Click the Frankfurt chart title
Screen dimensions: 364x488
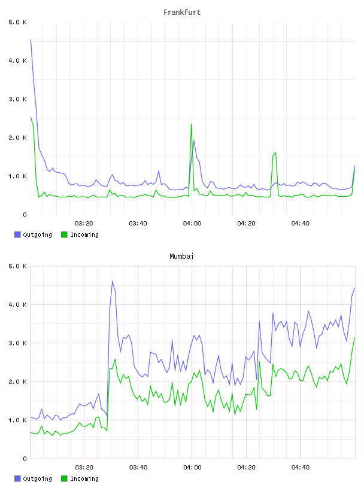click(182, 13)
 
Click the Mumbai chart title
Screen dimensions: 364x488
click(181, 257)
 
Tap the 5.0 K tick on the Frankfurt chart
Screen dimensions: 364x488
click(18, 22)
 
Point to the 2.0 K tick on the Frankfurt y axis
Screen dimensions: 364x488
click(18, 138)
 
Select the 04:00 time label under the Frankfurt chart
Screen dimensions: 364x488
click(192, 224)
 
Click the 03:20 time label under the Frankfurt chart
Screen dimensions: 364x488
click(84, 224)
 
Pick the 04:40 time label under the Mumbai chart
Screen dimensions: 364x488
click(301, 468)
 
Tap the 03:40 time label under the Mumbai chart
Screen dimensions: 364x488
click(138, 468)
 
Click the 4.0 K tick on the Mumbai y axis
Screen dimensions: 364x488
click(18, 304)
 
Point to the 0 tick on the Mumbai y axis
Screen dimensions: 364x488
click(25, 459)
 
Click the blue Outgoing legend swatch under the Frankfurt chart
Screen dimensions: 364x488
click(17, 234)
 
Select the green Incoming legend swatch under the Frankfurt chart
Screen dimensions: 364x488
click(64, 234)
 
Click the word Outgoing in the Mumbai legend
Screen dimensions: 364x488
click(37, 478)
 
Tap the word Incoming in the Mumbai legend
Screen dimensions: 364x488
click(84, 478)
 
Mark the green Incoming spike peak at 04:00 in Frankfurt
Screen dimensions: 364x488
click(191, 124)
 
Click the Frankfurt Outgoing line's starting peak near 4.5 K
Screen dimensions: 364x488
click(31, 39)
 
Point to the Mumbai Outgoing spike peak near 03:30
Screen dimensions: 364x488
click(112, 281)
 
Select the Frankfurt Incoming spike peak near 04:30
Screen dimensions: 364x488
click(275, 152)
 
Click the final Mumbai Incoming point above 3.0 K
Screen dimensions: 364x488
click(354, 338)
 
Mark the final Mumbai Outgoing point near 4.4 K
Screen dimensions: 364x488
click(354, 288)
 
